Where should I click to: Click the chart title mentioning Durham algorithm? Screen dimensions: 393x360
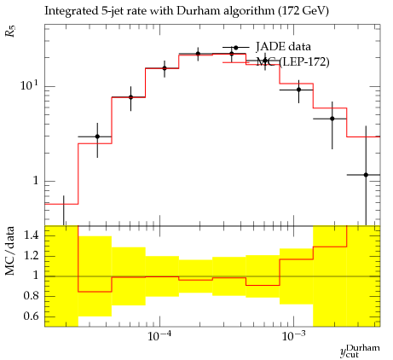point(187,11)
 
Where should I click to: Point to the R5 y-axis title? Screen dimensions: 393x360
point(11,31)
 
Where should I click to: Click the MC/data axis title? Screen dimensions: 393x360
point(10,251)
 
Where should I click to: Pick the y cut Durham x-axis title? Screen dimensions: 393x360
point(360,351)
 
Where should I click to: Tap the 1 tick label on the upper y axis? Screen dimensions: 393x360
point(35,180)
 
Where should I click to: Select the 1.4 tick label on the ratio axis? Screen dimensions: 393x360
point(31,235)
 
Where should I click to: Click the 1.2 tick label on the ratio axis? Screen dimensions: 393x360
point(31,256)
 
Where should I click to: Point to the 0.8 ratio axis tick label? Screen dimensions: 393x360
point(31,296)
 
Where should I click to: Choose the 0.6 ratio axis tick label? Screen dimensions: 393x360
point(31,316)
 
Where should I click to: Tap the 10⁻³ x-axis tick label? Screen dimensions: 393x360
point(291,336)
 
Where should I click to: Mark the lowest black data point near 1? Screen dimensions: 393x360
point(366,175)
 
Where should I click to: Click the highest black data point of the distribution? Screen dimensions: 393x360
point(198,54)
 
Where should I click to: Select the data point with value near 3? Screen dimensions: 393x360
point(97,136)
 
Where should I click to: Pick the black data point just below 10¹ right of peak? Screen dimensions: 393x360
point(298,90)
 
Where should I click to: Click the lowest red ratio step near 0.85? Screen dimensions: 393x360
point(95,292)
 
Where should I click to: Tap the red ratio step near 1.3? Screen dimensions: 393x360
point(330,247)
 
